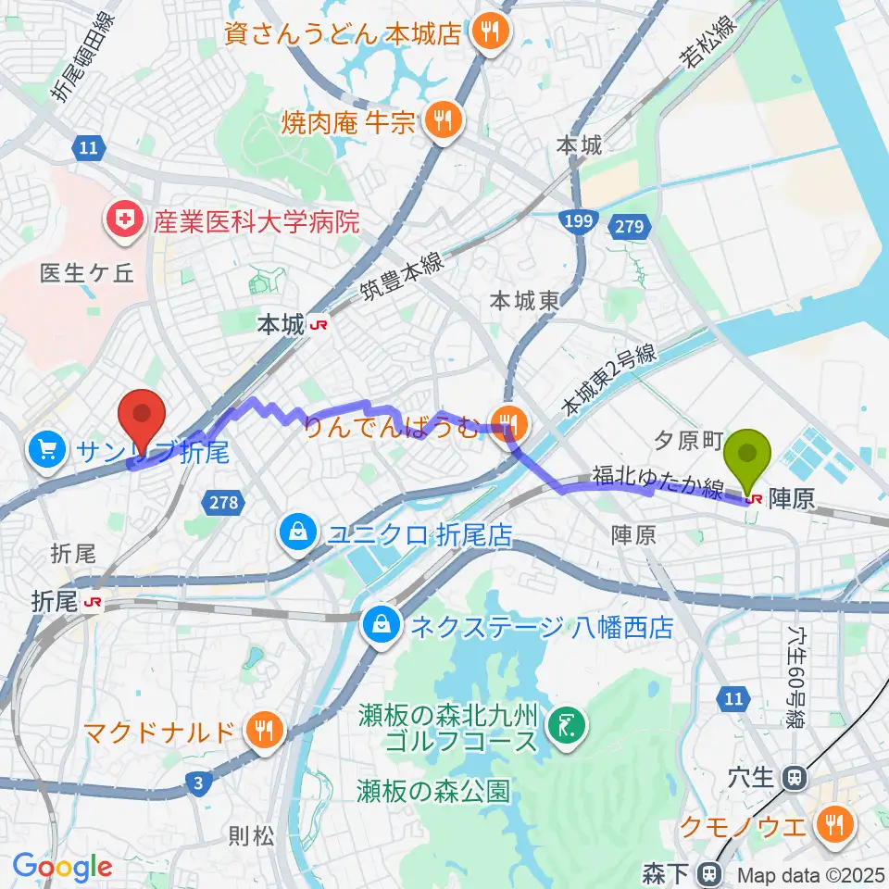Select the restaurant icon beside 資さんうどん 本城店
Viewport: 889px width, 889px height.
click(486, 34)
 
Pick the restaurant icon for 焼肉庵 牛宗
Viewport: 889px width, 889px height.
click(444, 120)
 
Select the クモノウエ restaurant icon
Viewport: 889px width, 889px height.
click(834, 822)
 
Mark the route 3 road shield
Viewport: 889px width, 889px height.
click(197, 784)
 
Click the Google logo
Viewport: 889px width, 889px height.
click(62, 867)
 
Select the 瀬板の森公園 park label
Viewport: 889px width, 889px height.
click(433, 791)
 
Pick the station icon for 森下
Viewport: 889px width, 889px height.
click(710, 871)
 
